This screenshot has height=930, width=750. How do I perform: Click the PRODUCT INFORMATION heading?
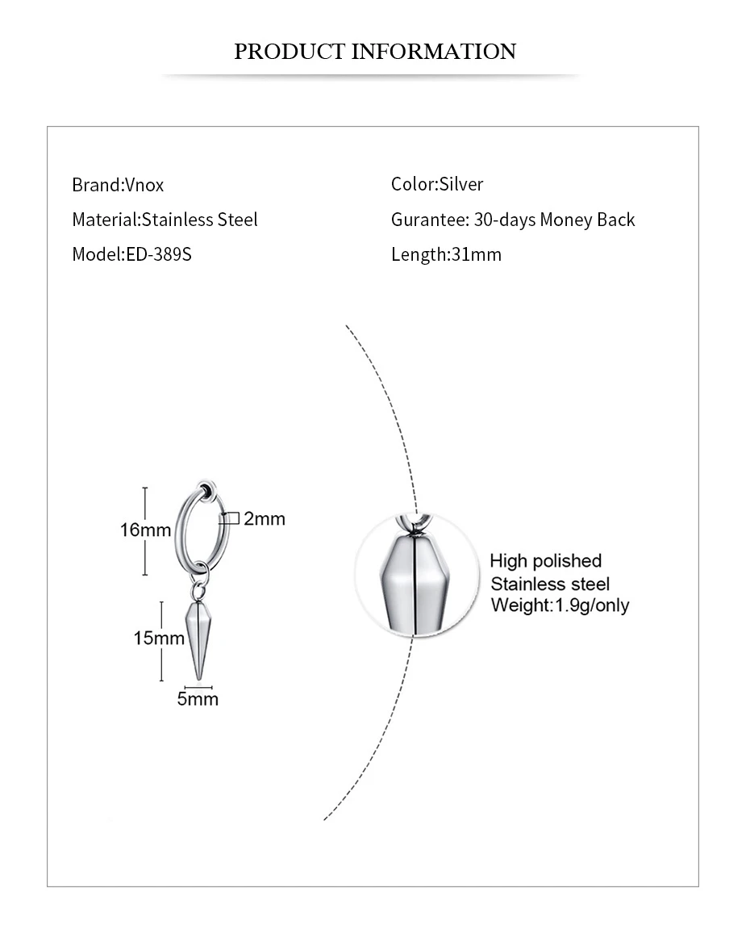point(374,52)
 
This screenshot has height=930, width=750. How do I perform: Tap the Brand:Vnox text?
point(118,185)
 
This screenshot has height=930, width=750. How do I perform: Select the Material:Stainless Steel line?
point(165,220)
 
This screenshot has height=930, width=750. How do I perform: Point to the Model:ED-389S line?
point(131,254)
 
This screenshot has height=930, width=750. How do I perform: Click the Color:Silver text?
point(437,184)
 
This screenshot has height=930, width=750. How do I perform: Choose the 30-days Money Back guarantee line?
point(513,220)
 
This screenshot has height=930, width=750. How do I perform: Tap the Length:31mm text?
point(446,254)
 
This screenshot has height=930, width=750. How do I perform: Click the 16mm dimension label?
point(145,530)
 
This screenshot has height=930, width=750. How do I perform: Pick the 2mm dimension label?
point(265,519)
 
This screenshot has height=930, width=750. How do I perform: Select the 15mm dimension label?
point(158,638)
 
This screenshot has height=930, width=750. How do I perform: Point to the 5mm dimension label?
point(198,698)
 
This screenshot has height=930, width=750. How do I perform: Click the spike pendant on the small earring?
point(197,638)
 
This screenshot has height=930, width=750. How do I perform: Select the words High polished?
point(545,561)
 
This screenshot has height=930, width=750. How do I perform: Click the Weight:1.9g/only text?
point(560,605)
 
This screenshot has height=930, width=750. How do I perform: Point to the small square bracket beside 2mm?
point(229,518)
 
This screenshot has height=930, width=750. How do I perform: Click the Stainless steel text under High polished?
point(550,584)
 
